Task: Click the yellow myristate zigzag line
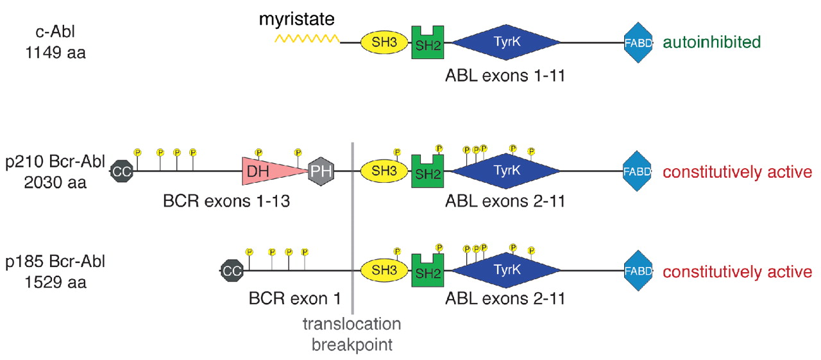point(307,39)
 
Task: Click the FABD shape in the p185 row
point(638,271)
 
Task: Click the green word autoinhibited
point(711,43)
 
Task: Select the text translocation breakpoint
point(352,334)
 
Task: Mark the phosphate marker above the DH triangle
point(258,153)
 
